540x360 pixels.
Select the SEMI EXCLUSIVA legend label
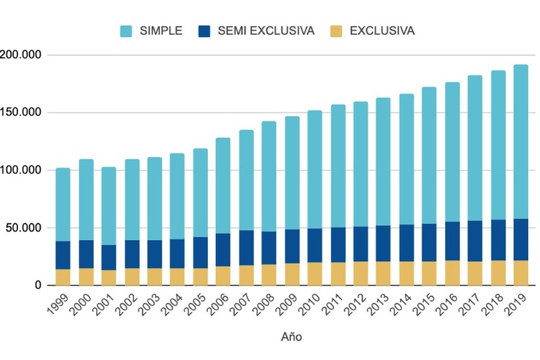point(266,31)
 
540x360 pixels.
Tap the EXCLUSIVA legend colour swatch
point(335,31)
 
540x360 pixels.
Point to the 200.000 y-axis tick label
point(20,55)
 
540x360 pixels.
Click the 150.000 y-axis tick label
point(20,113)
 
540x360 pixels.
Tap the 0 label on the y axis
point(38,286)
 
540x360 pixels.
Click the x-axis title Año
point(291,337)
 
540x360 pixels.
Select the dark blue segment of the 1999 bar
point(63,255)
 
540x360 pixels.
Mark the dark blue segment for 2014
point(407,243)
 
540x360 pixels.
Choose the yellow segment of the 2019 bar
point(521,273)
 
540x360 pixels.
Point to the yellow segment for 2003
point(155,277)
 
